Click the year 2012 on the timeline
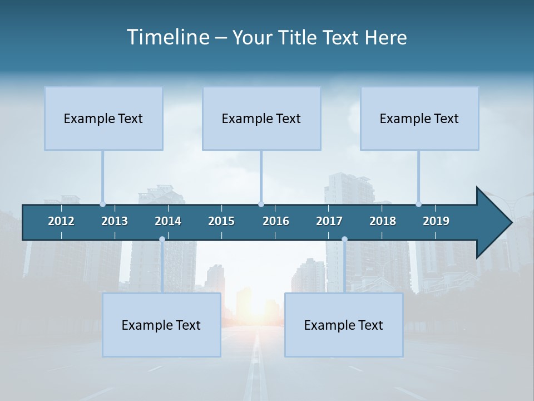tap(61, 221)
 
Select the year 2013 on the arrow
tap(115, 221)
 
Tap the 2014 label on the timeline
tap(168, 221)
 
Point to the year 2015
tap(221, 221)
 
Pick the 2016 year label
tap(276, 221)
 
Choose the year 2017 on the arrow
tap(329, 221)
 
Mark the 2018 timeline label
tap(383, 221)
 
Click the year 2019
tap(436, 221)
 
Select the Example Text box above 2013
tap(103, 118)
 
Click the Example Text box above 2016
tap(261, 118)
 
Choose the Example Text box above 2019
tap(419, 118)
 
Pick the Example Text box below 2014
tap(161, 325)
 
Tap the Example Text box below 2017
tap(344, 325)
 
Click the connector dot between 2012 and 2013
tap(102, 204)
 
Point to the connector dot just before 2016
tap(261, 204)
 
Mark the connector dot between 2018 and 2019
tap(418, 204)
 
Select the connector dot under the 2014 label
tap(162, 239)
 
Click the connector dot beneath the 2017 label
tap(344, 239)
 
